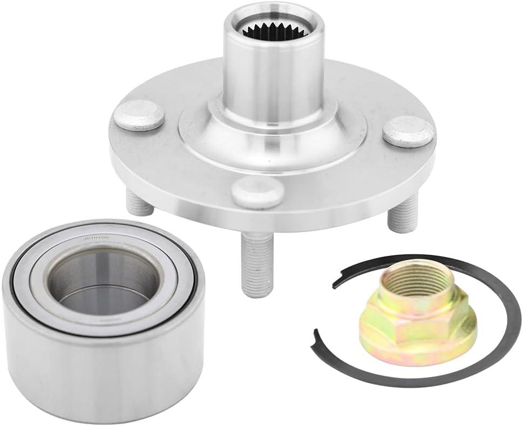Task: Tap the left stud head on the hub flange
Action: pos(140,115)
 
